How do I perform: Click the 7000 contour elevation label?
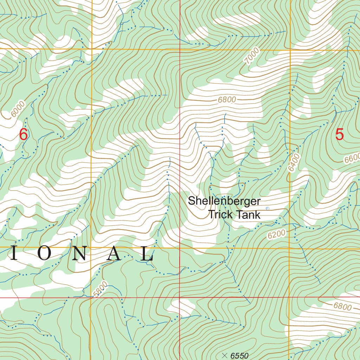point(252,56)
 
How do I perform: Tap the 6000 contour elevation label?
point(18,109)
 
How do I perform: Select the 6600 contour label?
point(352,159)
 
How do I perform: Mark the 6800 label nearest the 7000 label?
point(227,99)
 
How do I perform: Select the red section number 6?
point(23,135)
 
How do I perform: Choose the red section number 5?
point(339,135)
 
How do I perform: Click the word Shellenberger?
point(224,201)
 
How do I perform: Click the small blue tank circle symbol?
point(267,208)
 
